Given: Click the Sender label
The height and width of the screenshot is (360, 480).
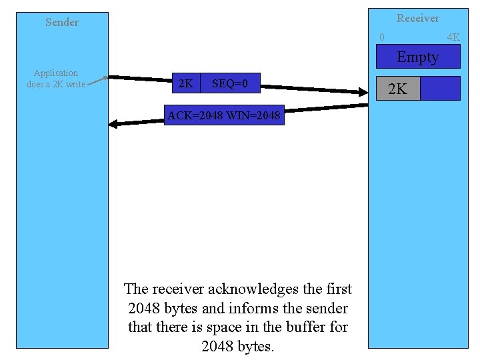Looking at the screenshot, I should click(x=62, y=22).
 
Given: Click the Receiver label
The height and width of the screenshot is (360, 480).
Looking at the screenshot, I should click(x=418, y=18).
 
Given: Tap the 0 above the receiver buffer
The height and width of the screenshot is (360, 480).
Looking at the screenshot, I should click(x=381, y=37).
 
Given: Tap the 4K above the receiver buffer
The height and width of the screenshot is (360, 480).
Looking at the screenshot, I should click(x=453, y=37).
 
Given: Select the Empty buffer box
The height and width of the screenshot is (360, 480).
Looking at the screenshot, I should click(x=417, y=57).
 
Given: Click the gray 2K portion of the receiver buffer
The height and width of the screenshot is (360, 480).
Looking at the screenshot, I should click(x=398, y=89).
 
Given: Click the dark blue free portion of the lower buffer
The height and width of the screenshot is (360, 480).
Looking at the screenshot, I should click(x=440, y=89).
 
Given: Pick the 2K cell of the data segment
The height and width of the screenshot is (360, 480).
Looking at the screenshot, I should click(x=186, y=84).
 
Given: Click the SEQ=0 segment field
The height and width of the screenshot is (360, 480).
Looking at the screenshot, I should click(x=230, y=84).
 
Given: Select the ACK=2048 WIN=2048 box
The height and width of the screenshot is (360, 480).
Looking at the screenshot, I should click(x=224, y=116).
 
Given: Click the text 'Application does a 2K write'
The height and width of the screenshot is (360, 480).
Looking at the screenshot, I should click(x=56, y=79).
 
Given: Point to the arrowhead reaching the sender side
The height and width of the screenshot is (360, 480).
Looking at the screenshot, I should click(x=113, y=123).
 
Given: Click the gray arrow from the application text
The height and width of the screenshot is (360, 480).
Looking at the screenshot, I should click(x=97, y=81).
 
